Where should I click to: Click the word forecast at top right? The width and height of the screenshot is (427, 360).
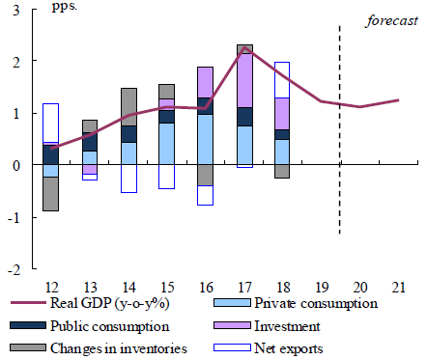391,21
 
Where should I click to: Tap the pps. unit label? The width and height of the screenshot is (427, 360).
65,7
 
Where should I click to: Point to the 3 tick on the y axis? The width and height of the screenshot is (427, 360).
16,11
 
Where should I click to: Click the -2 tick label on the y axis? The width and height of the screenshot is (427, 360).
14,270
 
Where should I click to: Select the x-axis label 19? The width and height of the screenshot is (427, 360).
322,287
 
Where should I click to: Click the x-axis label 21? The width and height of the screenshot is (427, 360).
398,287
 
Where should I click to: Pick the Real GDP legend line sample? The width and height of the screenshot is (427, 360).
28,303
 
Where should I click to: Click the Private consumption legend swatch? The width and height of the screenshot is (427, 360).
232,303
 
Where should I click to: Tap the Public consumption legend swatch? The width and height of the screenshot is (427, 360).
28,325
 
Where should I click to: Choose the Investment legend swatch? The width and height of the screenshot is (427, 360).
232,325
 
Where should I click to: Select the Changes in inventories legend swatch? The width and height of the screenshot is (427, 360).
28,347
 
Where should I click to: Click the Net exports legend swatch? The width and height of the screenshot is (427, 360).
232,347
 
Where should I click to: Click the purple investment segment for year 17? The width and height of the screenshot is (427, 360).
244,80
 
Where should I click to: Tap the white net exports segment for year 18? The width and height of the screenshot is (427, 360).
282,80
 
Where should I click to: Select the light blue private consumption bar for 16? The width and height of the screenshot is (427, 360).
205,139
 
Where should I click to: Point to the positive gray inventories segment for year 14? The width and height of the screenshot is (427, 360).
128,107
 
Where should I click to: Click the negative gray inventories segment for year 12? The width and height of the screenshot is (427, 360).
50,194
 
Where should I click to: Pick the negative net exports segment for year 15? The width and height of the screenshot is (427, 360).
167,177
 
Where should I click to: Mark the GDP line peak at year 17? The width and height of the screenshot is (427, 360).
244,47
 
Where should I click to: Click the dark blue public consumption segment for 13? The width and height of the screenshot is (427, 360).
90,142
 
